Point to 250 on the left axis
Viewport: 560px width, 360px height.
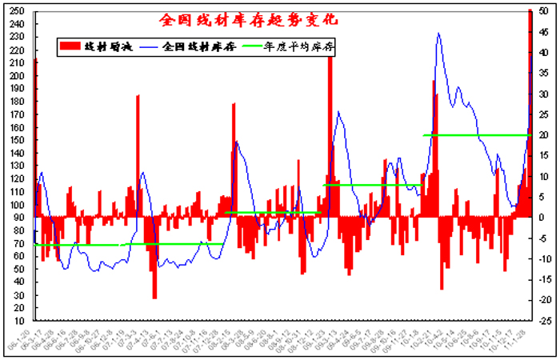[18, 11]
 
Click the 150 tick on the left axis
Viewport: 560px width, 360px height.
[18, 140]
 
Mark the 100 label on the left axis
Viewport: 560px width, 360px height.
[18, 204]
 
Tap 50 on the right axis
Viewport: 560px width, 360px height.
[543, 11]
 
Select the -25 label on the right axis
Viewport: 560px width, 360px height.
[543, 320]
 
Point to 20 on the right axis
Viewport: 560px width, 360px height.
[543, 134]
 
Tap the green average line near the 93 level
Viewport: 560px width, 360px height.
[272, 213]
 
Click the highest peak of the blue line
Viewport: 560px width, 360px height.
[438, 34]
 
